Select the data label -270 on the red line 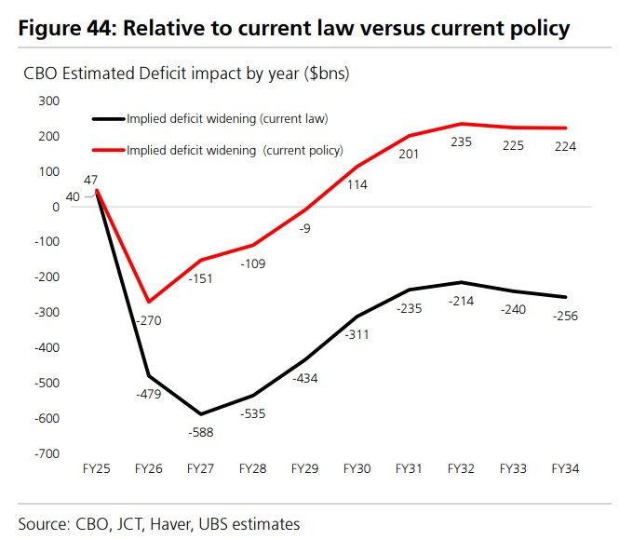pyautogui.click(x=150, y=320)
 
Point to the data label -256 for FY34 pyautogui.click(x=564, y=316)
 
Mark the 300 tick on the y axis pyautogui.click(x=47, y=101)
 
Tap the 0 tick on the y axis pyautogui.click(x=56, y=207)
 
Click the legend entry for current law pyautogui.click(x=209, y=118)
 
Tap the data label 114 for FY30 pyautogui.click(x=357, y=184)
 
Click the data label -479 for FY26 pyautogui.click(x=150, y=394)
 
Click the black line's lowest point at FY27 pyautogui.click(x=201, y=414)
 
